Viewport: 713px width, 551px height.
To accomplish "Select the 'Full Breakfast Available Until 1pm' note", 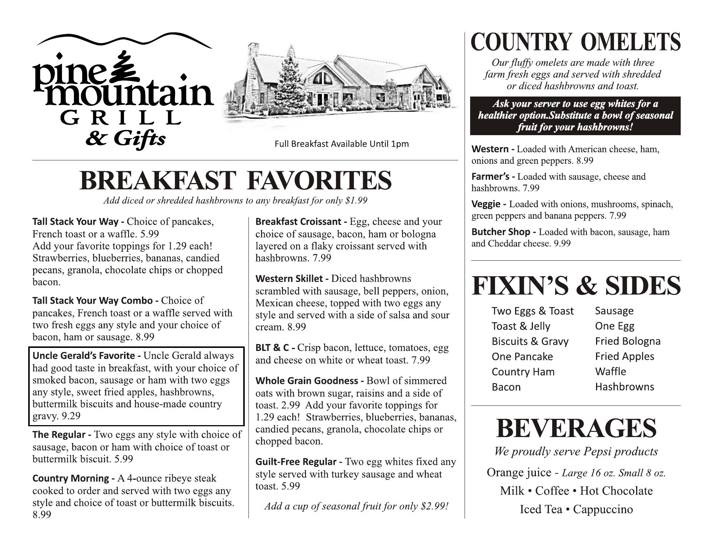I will pos(341,144).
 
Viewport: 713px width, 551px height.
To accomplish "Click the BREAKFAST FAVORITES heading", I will pos(235,180).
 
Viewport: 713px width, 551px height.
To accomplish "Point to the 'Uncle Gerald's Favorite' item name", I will pos(84,356).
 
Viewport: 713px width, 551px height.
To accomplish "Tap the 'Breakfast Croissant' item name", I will pos(298,222).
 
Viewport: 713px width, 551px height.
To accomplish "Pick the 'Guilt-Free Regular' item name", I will pos(296,462).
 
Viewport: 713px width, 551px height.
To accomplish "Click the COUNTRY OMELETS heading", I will pos(576,42).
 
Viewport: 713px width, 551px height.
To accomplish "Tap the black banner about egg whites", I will pos(575,115).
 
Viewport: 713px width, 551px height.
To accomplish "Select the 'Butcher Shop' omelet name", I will pos(501,232).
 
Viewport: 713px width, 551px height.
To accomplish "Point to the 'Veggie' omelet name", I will pos(486,204).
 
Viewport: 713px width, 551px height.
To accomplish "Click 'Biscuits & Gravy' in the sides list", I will pos(530,342).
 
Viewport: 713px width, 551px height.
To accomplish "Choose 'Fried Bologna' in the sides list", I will pos(628,341).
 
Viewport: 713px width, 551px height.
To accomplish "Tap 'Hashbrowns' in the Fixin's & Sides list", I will pos(624,387).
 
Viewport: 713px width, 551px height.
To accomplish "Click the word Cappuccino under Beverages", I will pos(603,509).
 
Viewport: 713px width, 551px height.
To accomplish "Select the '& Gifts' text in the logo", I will pos(126,139).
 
